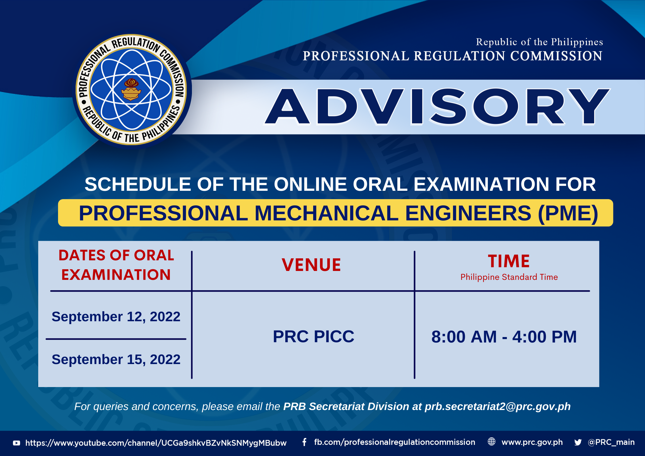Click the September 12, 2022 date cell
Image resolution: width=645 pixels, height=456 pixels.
click(x=116, y=317)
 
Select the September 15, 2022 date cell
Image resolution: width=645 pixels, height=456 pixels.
click(x=116, y=359)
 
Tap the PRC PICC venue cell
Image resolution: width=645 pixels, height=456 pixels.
click(x=313, y=336)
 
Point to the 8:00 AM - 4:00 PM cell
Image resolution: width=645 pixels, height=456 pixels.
click(x=504, y=337)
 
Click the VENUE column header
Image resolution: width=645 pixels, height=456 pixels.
click(x=311, y=265)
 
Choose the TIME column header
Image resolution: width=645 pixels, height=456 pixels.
click(x=509, y=261)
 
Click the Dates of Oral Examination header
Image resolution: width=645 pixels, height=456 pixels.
click(x=116, y=265)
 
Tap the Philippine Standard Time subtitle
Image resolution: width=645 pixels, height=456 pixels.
click(x=509, y=277)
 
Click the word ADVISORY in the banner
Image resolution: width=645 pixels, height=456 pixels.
click(x=437, y=107)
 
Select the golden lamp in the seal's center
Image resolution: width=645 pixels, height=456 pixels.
click(x=131, y=89)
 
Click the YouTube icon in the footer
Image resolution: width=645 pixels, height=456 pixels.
click(x=17, y=443)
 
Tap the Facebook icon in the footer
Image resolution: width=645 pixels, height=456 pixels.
click(x=305, y=442)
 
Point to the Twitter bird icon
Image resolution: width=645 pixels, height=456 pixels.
click(x=578, y=442)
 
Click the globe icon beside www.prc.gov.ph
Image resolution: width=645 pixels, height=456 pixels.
click(x=492, y=442)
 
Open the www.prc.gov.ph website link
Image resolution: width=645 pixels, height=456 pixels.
click(x=532, y=442)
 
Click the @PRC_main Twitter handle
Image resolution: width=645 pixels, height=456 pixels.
click(x=611, y=442)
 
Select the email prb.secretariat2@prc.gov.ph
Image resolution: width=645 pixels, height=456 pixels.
click(x=498, y=407)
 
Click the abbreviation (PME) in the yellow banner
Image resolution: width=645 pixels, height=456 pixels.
click(x=568, y=213)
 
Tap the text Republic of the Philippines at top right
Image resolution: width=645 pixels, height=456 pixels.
click(x=539, y=42)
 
